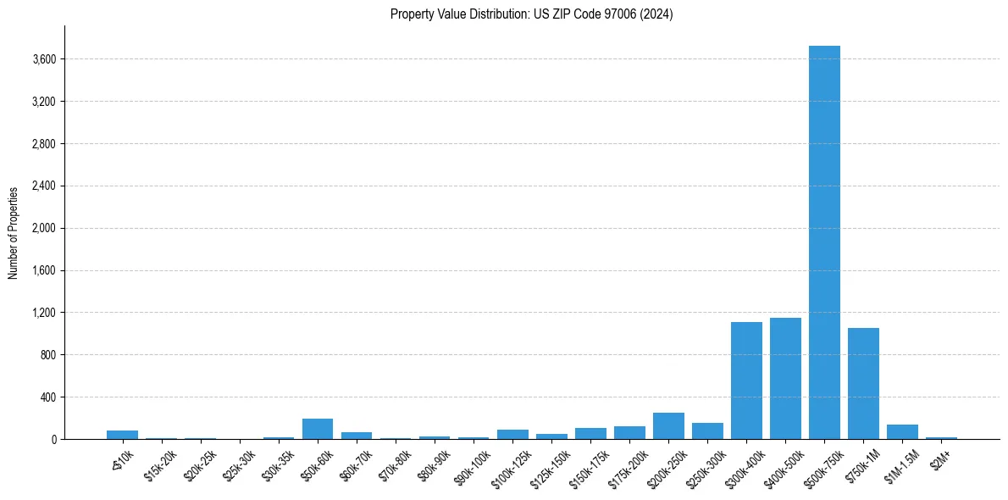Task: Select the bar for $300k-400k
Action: coord(746,381)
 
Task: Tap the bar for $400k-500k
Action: coord(785,378)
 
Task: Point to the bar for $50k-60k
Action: coord(318,429)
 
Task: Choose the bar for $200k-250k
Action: coord(668,426)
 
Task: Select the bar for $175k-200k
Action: coord(629,433)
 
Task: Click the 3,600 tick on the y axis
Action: coord(44,59)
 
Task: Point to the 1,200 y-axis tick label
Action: coord(44,313)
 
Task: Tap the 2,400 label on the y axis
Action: coord(44,186)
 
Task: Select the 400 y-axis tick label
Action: coord(48,397)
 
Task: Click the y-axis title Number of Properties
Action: coord(13,232)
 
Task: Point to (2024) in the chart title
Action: coord(657,14)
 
